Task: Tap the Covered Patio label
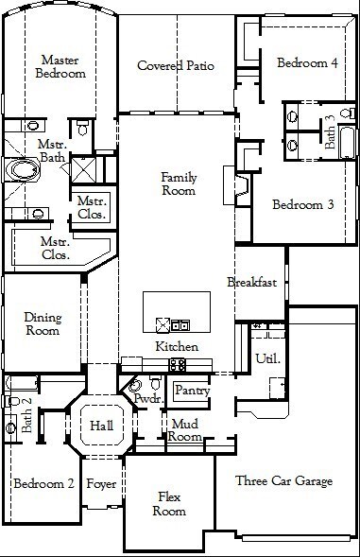[176, 65]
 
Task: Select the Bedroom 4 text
[306, 63]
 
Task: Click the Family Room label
[178, 183]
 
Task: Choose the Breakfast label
[251, 282]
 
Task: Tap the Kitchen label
[177, 347]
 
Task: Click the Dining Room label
[43, 324]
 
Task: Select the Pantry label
[192, 390]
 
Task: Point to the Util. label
[266, 357]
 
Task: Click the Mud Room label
[184, 431]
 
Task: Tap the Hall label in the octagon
[101, 426]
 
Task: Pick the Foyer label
[101, 483]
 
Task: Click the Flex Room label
[170, 504]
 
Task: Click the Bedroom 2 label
[43, 483]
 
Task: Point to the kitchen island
[180, 313]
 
